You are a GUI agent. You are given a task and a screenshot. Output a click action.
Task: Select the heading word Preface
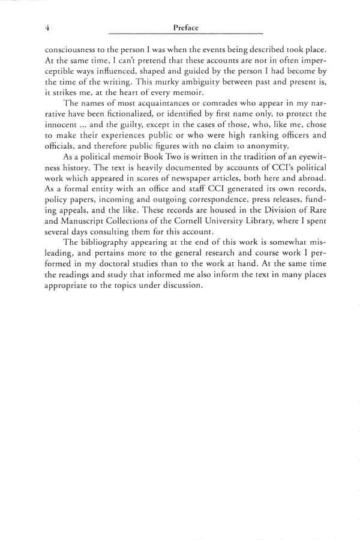click(x=185, y=27)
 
